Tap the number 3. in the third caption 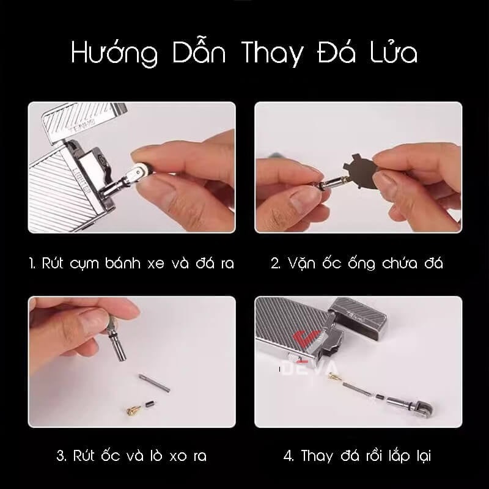click(60, 455)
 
